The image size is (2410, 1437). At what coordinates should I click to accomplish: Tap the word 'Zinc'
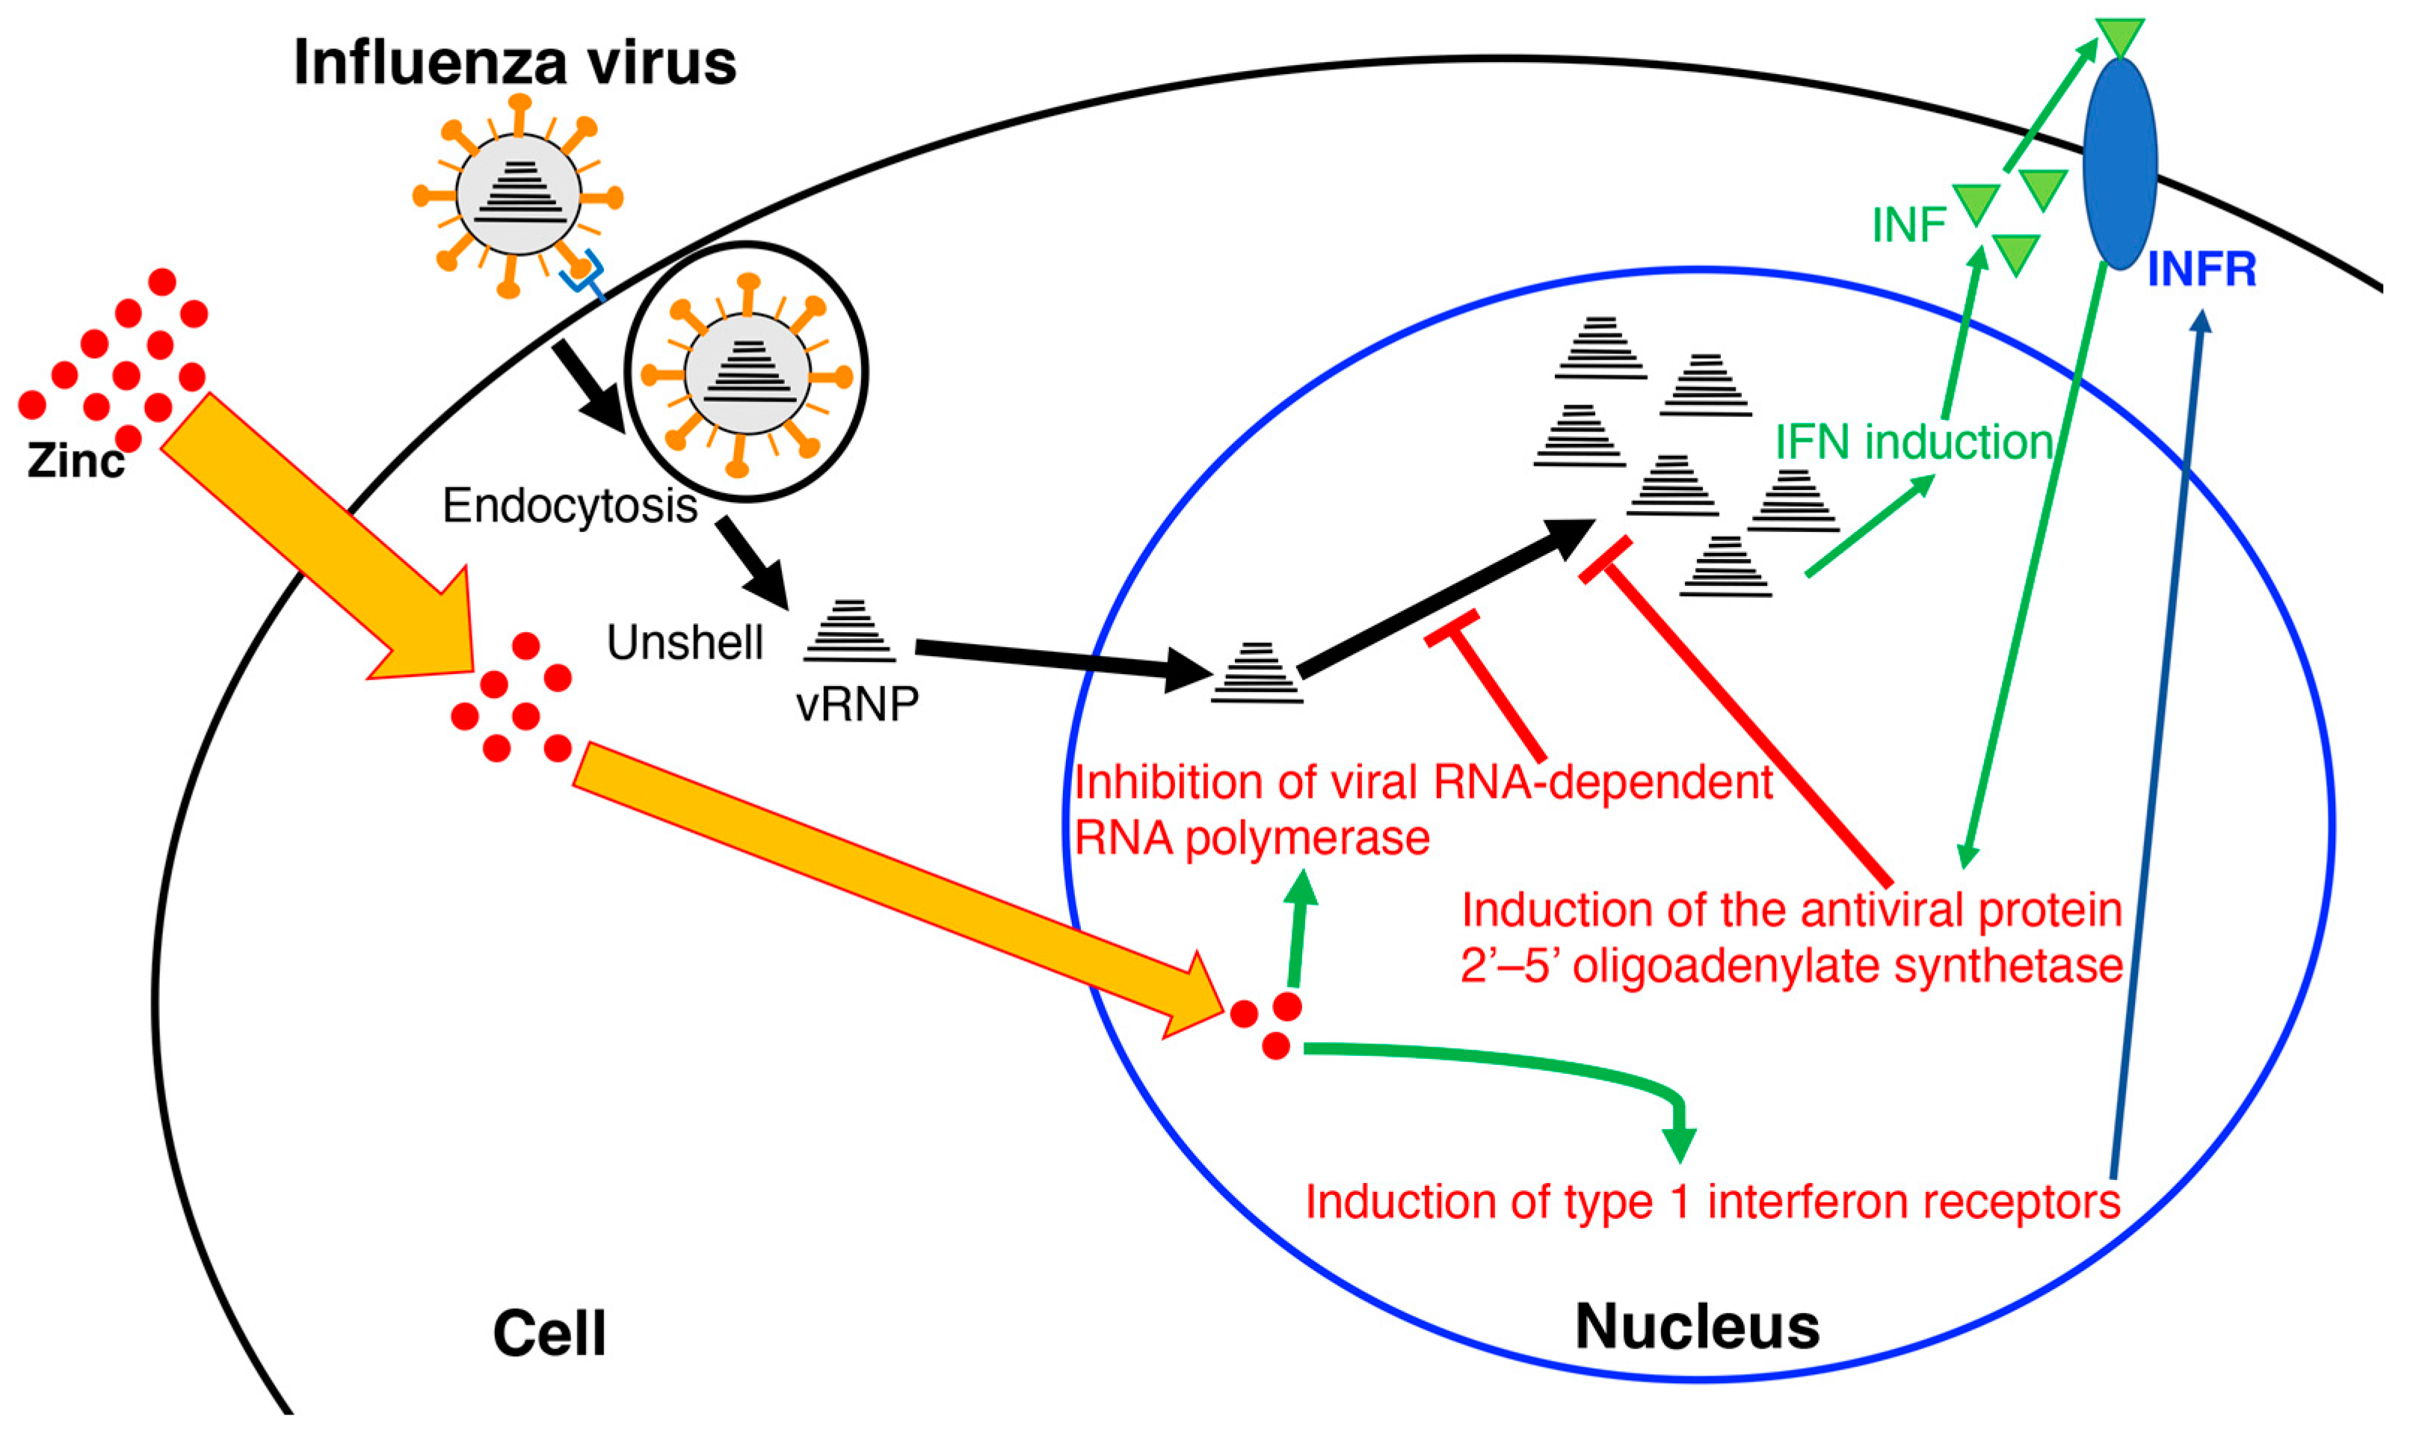click(x=75, y=461)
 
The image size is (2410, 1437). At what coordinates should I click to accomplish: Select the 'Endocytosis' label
click(x=570, y=505)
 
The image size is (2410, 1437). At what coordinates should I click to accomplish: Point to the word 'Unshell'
click(x=685, y=643)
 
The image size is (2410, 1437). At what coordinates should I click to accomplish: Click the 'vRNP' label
click(x=857, y=705)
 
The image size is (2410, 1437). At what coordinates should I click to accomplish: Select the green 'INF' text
click(x=1908, y=226)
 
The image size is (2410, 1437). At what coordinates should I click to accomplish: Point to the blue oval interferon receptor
click(x=2119, y=163)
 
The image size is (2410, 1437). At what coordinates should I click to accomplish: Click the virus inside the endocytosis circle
click(x=746, y=373)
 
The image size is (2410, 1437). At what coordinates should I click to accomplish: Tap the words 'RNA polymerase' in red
click(x=1251, y=838)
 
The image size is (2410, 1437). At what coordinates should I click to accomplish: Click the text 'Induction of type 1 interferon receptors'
click(x=1713, y=1202)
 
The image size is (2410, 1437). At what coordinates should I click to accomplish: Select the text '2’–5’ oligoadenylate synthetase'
click(x=1792, y=966)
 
